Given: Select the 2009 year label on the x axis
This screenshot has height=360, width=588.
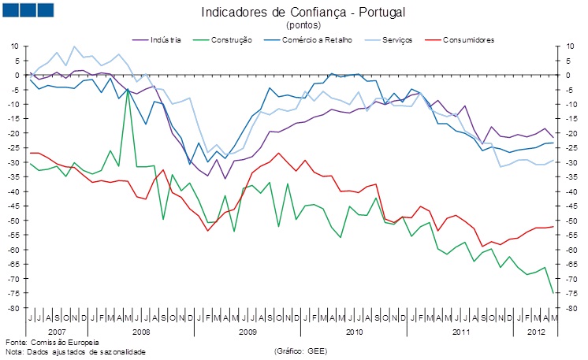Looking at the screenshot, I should click(x=248, y=332).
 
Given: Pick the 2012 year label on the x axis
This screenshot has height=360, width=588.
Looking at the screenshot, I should click(x=536, y=332).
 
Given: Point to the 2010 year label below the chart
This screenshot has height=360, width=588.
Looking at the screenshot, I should click(x=355, y=332).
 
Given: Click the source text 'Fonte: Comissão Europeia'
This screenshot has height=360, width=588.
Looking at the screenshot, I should click(x=52, y=343).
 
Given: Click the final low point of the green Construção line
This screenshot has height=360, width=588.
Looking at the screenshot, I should click(x=553, y=293).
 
